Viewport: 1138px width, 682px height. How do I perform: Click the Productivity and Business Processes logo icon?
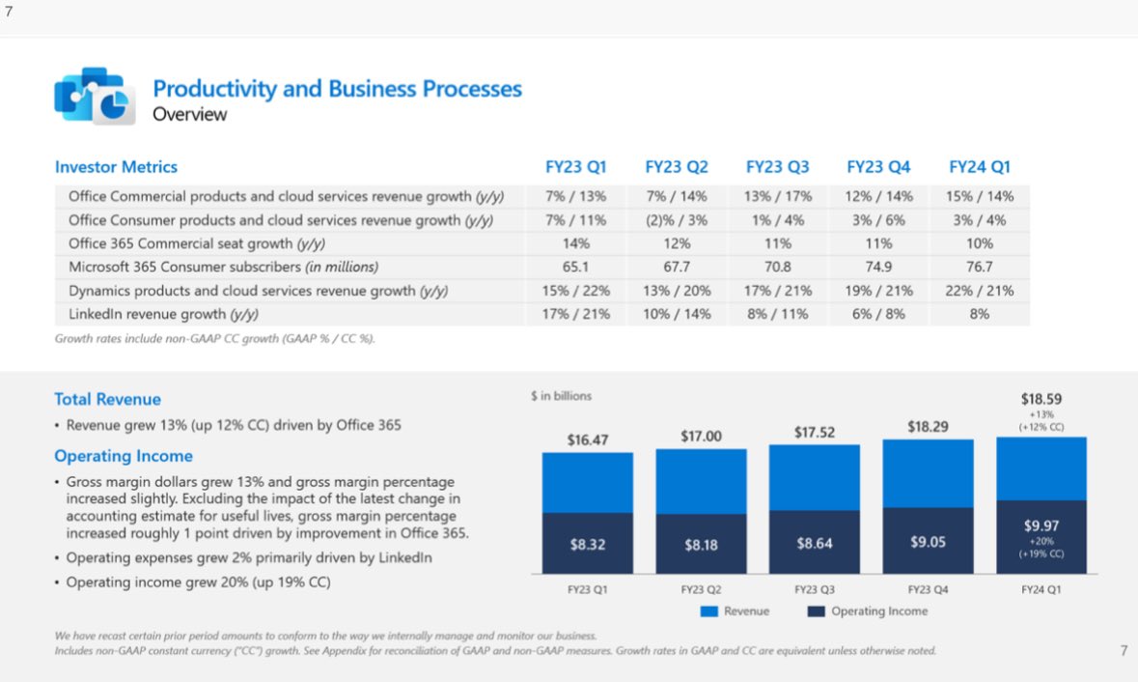point(95,96)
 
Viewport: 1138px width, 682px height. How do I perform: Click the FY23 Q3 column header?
point(777,167)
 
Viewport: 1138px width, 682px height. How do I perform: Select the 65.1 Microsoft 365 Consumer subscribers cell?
point(576,267)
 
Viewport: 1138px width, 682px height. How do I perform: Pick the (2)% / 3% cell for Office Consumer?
point(677,220)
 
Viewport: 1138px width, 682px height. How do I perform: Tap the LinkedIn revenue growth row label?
point(163,314)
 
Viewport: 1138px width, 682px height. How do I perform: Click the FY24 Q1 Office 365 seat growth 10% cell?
point(980,243)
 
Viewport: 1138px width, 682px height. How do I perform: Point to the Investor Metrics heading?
point(116,167)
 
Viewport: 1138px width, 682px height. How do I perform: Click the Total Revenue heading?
point(107,399)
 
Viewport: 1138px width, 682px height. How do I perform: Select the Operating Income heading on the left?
point(124,456)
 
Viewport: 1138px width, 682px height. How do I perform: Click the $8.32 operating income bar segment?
point(588,544)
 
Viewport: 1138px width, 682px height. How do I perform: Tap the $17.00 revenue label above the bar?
point(701,437)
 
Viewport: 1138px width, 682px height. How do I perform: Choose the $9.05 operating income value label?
point(928,542)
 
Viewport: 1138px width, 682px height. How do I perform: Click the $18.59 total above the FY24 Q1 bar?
point(1041,398)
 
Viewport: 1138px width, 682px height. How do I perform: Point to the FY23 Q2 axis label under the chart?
point(701,589)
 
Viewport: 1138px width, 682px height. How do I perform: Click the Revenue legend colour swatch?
point(708,611)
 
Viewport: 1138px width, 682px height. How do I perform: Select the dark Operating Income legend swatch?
point(816,611)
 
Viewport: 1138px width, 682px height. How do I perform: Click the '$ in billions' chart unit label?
point(561,396)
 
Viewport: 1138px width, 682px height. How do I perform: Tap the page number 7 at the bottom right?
point(1124,650)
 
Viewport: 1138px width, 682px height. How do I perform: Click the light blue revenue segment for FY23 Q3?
point(815,477)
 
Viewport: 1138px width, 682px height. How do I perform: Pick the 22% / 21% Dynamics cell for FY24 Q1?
point(980,291)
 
